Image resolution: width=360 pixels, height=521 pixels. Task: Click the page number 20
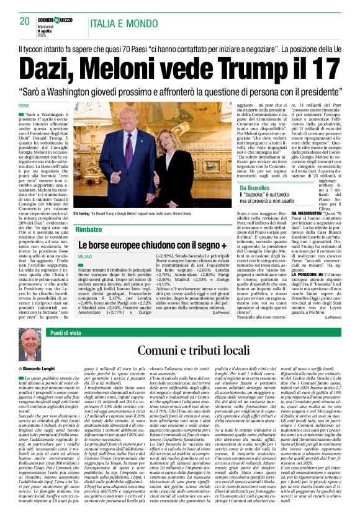click(x=25, y=21)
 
